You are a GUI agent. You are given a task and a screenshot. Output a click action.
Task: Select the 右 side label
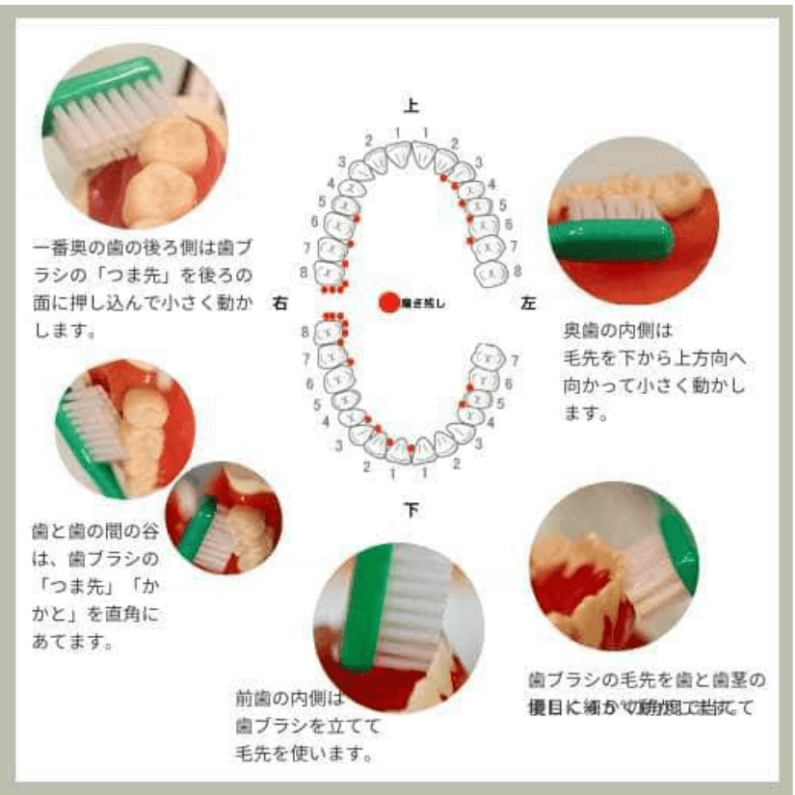pos(280,303)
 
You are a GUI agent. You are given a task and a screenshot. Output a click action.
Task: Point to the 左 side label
pos(528,303)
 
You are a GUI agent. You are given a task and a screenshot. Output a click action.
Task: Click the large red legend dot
pos(388,303)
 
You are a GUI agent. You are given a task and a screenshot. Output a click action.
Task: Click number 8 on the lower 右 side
pos(305,332)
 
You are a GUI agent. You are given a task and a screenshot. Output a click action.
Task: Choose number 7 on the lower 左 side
pos(515,360)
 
